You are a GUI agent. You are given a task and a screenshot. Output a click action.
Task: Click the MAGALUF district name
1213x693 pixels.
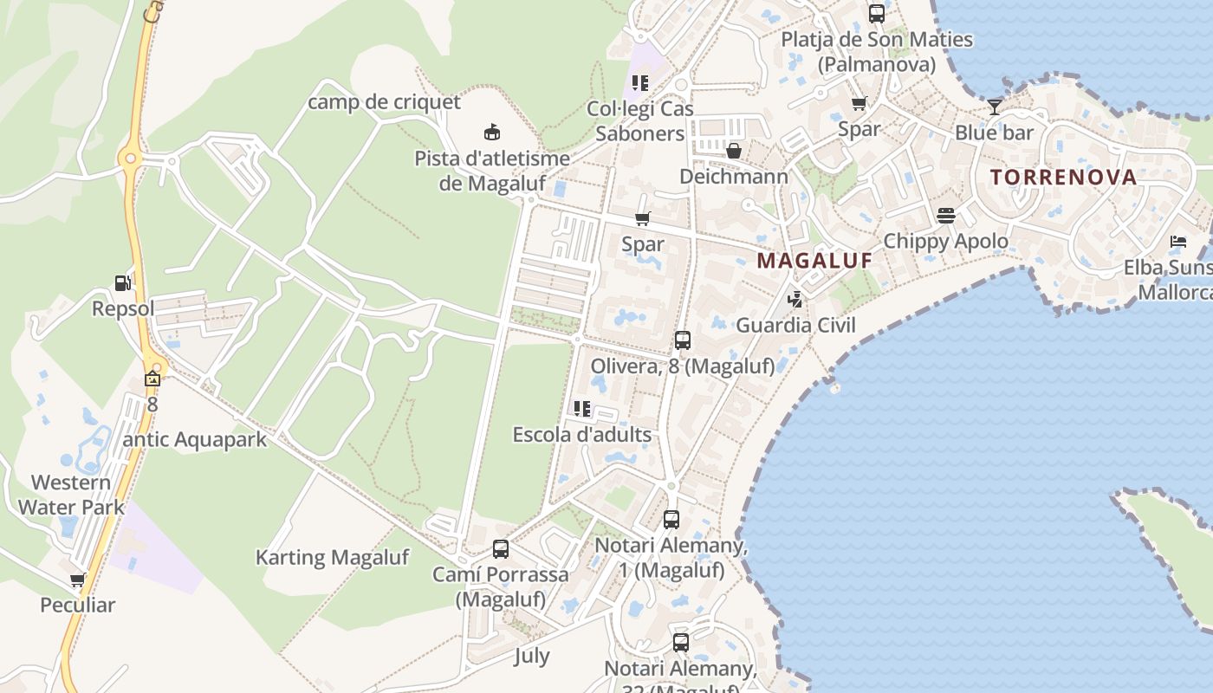tap(814, 260)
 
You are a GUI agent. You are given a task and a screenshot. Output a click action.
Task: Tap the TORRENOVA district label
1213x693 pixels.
tap(1063, 178)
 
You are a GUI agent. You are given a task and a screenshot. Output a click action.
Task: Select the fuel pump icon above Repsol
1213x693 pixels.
tap(123, 282)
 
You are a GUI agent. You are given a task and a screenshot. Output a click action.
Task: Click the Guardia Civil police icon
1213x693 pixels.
tap(795, 300)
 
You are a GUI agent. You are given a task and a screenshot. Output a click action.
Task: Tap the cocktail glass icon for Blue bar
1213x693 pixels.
tap(994, 107)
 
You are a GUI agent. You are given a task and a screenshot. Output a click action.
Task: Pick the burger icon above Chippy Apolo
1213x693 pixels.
tap(945, 215)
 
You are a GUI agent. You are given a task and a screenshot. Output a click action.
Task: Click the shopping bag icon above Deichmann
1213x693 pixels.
tap(734, 152)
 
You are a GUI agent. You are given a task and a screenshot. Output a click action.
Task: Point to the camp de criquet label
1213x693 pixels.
tap(385, 102)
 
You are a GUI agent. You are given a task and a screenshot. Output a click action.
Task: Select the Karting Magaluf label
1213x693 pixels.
tap(332, 557)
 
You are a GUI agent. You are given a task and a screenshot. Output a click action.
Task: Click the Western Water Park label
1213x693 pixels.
tap(71, 495)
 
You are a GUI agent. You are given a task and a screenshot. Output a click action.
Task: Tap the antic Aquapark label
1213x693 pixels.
tap(195, 439)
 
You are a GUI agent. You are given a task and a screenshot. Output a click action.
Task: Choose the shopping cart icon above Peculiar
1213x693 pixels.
tap(77, 580)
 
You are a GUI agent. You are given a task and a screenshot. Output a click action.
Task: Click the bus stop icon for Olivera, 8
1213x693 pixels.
tap(683, 340)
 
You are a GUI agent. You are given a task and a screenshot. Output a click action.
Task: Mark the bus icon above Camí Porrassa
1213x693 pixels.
tap(501, 548)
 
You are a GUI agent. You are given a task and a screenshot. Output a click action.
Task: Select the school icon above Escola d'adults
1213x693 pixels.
tap(581, 408)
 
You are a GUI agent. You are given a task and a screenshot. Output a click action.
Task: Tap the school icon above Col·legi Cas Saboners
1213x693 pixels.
tap(640, 83)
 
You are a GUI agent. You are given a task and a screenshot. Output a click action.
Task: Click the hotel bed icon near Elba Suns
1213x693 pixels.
tap(1177, 241)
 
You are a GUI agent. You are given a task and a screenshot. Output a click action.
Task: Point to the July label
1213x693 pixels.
tap(531, 655)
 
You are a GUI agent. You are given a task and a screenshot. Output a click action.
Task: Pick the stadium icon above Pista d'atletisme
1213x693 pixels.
tap(492, 133)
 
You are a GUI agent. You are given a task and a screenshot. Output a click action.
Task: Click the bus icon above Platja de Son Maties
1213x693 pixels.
tap(877, 14)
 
